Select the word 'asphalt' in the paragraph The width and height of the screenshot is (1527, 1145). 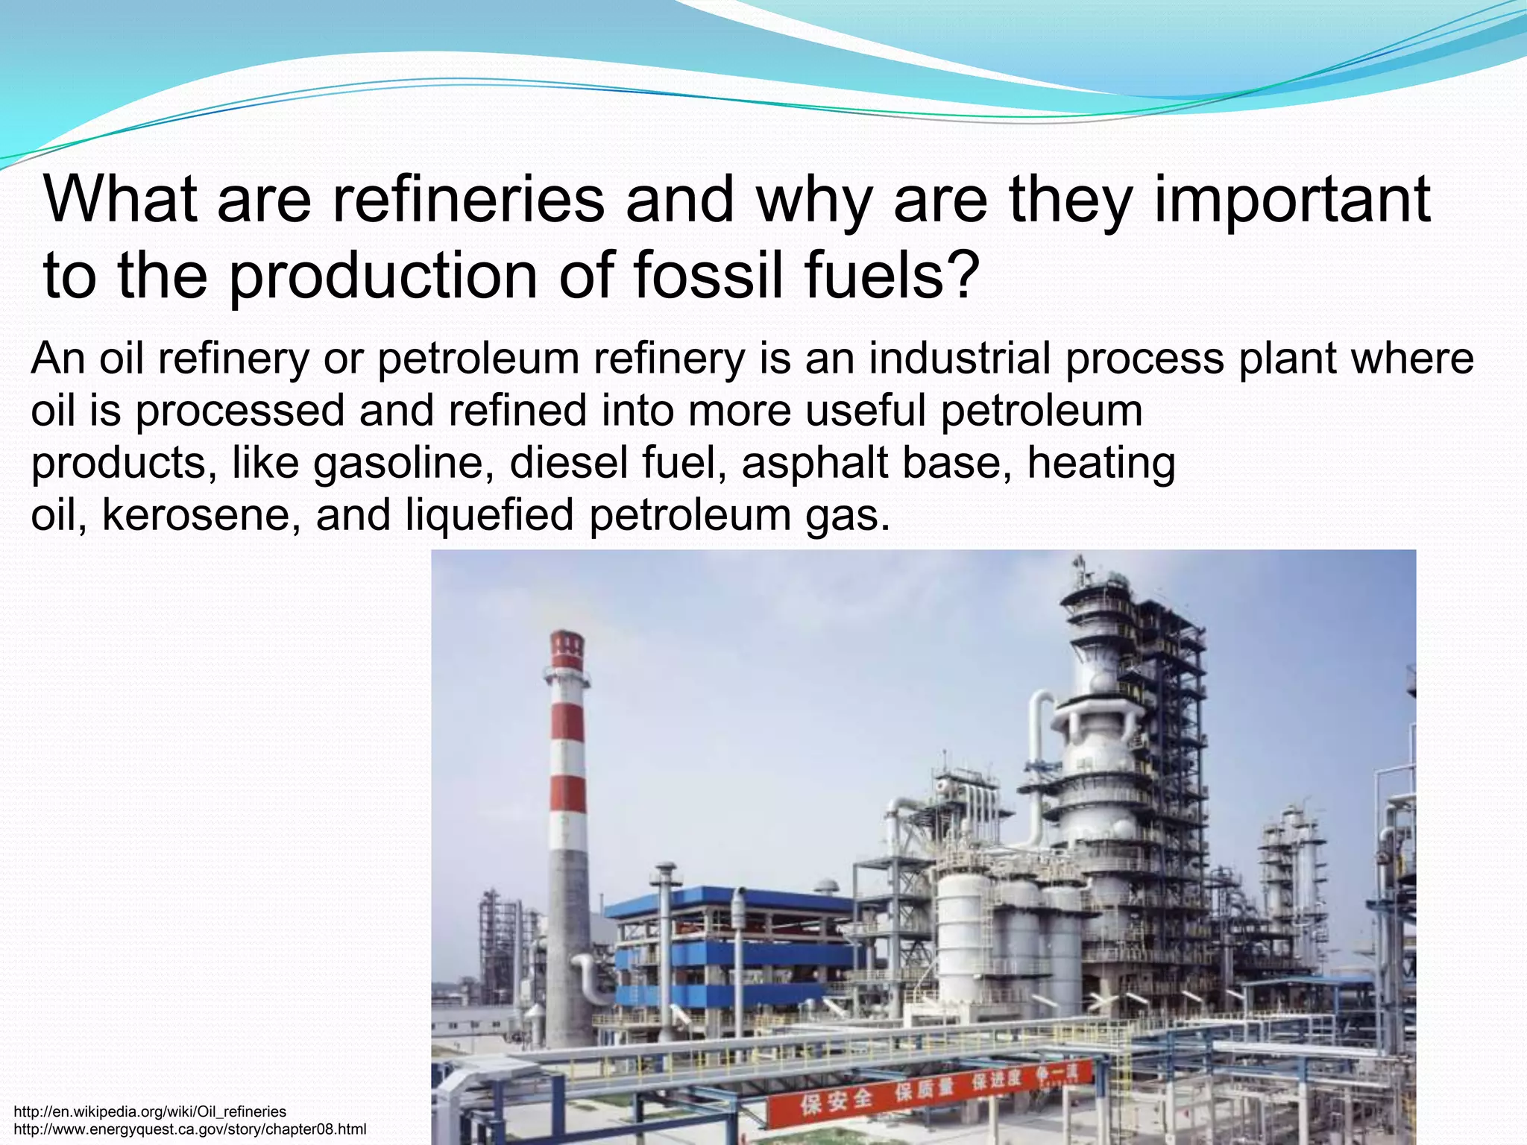[816, 463]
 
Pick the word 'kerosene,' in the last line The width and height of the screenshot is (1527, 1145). [201, 515]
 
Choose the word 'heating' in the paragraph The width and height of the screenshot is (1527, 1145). [1101, 463]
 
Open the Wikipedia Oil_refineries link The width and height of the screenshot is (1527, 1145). [150, 1111]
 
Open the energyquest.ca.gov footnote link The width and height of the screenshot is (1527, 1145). [190, 1129]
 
